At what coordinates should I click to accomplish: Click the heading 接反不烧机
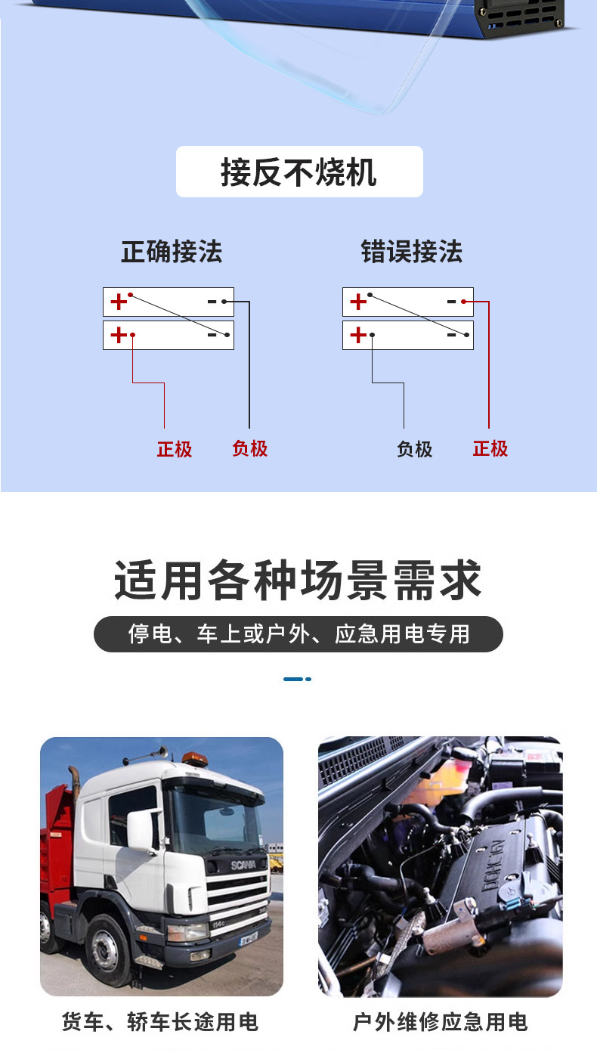point(299,172)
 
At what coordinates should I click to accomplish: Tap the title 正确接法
point(172,252)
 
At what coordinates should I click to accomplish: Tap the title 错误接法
point(411,252)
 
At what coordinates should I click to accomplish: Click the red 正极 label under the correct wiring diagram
point(175,449)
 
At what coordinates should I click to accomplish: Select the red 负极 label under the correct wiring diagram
point(250,448)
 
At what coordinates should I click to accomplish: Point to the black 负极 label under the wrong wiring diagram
point(414,449)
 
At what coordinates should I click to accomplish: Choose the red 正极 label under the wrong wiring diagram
point(490,448)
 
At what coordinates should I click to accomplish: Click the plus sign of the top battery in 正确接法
point(119,302)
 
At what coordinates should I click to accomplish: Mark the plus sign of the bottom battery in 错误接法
point(358,334)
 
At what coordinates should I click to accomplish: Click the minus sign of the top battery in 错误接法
point(452,302)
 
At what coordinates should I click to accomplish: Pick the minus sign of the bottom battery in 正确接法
point(212,334)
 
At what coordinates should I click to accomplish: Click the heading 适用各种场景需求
point(298,581)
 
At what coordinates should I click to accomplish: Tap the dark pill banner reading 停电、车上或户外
point(298,634)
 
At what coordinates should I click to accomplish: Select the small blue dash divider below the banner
point(297,679)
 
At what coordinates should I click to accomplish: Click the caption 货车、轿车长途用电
point(160,1023)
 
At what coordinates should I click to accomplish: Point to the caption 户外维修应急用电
point(440,1023)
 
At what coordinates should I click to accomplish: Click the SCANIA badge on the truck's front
point(243,864)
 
